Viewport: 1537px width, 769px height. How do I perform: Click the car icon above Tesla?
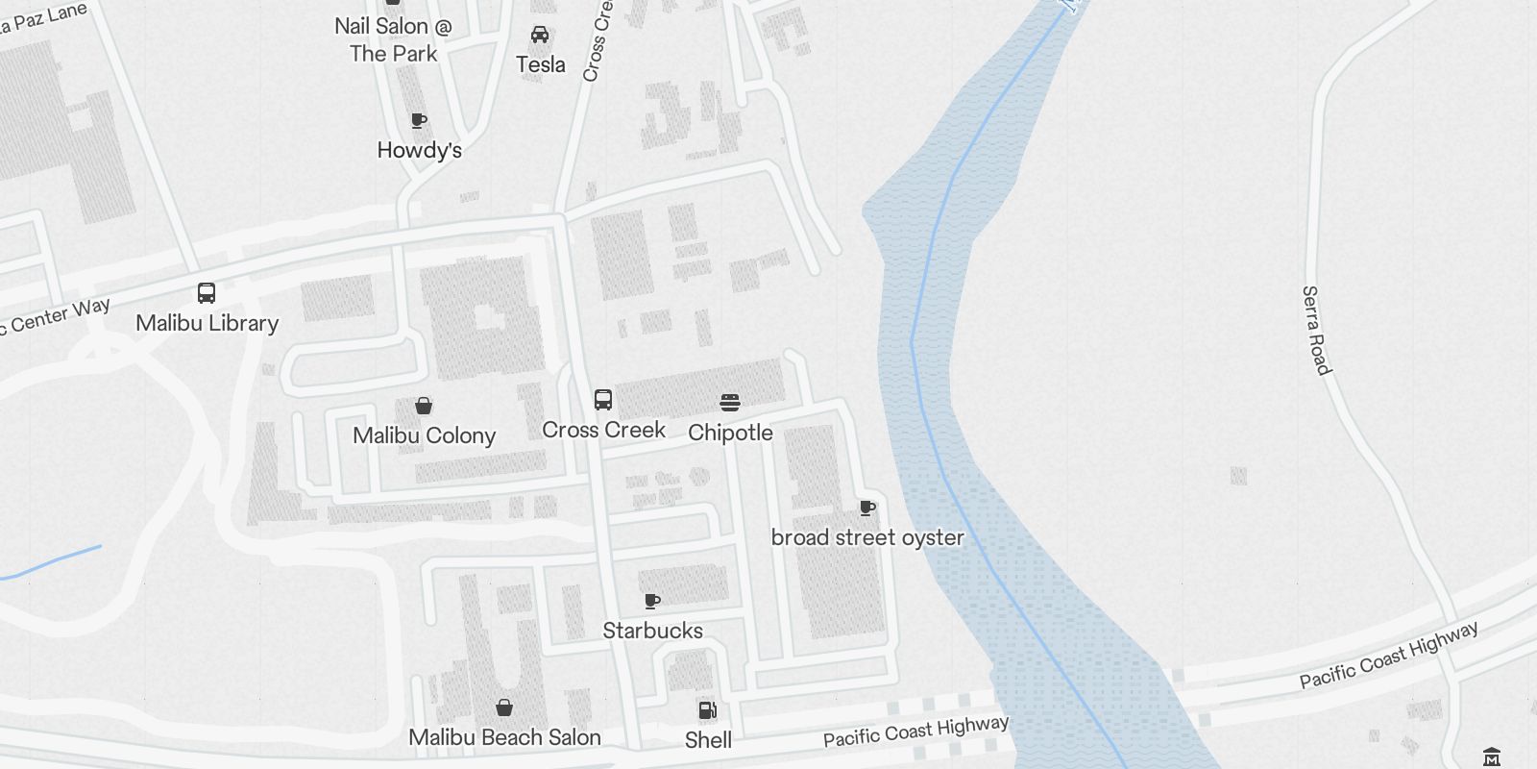tap(540, 36)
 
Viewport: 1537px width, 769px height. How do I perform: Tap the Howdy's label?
tap(419, 150)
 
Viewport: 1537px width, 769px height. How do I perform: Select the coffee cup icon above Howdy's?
tap(419, 120)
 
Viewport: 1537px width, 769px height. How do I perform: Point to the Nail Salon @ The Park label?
tap(393, 40)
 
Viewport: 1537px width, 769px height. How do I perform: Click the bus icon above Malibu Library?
tap(207, 293)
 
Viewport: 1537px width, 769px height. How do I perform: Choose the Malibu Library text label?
tap(207, 323)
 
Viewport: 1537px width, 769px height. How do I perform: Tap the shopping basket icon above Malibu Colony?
tap(424, 406)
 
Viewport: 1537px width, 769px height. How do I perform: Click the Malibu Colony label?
tap(424, 435)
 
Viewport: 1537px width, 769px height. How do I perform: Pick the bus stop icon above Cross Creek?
tap(603, 400)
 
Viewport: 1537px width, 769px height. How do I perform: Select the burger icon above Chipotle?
tap(730, 403)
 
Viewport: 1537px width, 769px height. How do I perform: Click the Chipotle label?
tap(730, 433)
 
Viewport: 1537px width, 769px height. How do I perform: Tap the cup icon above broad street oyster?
tap(867, 508)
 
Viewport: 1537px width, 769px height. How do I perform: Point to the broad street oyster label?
tap(867, 537)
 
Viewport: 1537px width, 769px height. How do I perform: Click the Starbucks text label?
tap(652, 631)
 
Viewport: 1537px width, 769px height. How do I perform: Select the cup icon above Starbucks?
tap(652, 601)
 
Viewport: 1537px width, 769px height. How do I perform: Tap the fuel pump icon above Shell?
tap(708, 710)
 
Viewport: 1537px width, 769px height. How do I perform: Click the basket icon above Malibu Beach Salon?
tap(504, 708)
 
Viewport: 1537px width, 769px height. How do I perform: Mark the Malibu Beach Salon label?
tap(504, 737)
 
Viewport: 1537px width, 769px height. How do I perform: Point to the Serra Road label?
tap(1316, 330)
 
